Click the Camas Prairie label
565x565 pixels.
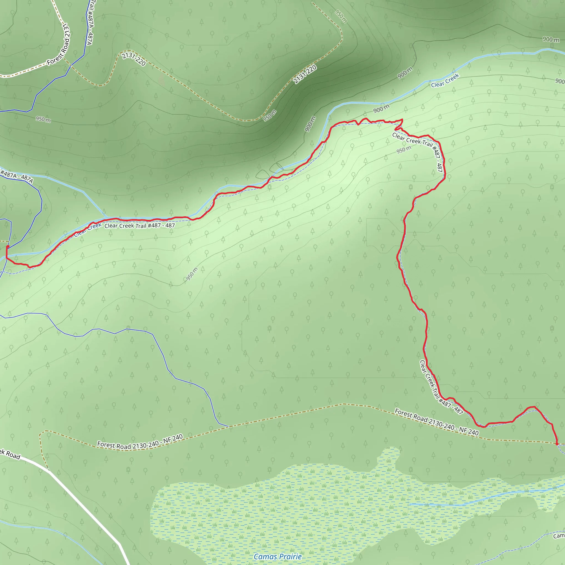click(278, 556)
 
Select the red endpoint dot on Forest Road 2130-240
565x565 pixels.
click(557, 444)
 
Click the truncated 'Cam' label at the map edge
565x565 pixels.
click(559, 536)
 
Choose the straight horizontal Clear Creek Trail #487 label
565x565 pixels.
click(140, 225)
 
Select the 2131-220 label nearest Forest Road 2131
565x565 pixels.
click(134, 59)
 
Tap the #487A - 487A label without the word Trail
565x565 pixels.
click(17, 177)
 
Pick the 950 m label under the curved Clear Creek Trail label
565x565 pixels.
click(404, 150)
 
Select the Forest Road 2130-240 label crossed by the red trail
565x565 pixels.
click(437, 422)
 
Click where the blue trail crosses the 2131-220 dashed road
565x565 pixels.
click(70, 66)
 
